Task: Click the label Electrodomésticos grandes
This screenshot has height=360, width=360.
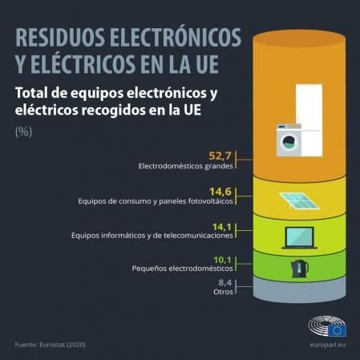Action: click(185, 167)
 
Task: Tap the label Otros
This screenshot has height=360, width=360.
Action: click(224, 292)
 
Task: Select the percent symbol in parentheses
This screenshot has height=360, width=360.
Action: click(24, 131)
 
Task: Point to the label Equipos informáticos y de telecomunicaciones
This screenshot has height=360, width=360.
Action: click(152, 236)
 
